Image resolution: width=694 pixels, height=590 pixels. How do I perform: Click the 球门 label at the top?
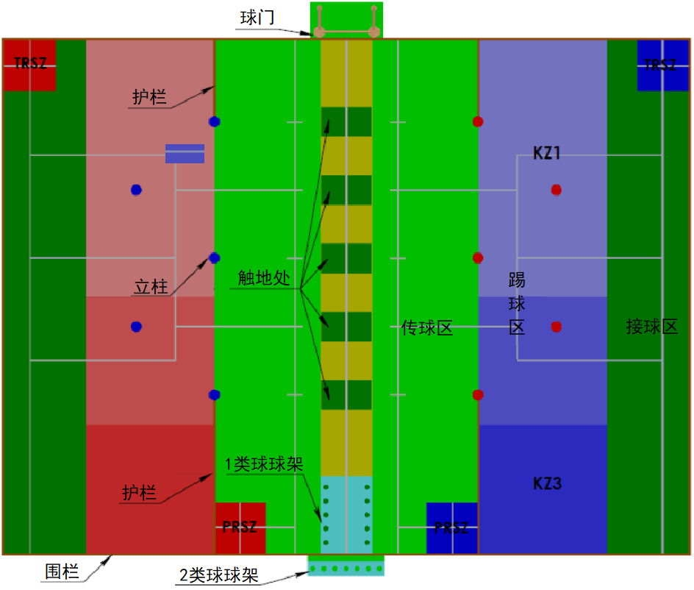coord(257,18)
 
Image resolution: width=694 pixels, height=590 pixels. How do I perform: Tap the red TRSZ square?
coord(29,65)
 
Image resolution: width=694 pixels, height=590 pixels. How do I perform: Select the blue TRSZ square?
coord(662,65)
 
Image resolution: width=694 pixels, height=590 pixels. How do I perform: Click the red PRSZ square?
coord(240,527)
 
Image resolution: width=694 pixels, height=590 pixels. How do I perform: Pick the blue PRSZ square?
coord(451,527)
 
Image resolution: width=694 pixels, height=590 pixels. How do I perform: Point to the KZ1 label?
coord(547,154)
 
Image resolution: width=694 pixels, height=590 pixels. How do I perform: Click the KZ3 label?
coord(547,484)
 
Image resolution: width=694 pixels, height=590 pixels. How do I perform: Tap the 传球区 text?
coord(427,328)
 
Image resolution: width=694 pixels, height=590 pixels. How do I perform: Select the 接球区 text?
coord(651,327)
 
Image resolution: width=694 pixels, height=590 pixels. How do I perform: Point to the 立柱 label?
coord(151,286)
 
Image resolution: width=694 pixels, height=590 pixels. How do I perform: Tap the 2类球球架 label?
coord(219,575)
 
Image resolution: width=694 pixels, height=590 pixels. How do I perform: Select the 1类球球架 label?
coord(264,464)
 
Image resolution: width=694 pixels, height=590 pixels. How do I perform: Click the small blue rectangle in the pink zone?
coord(185,153)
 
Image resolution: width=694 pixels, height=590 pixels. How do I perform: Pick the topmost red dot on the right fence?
coord(478,121)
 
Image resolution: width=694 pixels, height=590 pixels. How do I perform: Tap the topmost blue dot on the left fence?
coord(214,121)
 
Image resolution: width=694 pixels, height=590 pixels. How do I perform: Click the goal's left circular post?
coord(320,32)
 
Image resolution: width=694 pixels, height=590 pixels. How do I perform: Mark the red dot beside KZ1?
coord(557,190)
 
